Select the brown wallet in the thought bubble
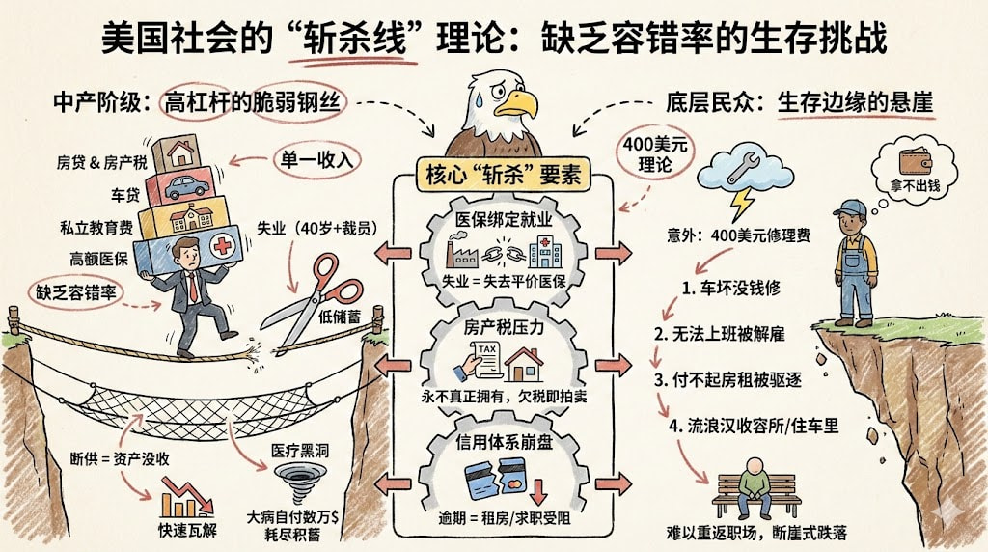pos(916,161)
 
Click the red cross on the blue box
pos(223,246)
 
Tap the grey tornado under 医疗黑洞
pos(301,483)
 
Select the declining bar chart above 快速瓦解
pos(187,497)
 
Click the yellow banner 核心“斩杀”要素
pos(504,175)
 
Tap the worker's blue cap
pos(853,207)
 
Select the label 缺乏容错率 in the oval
pos(75,293)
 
